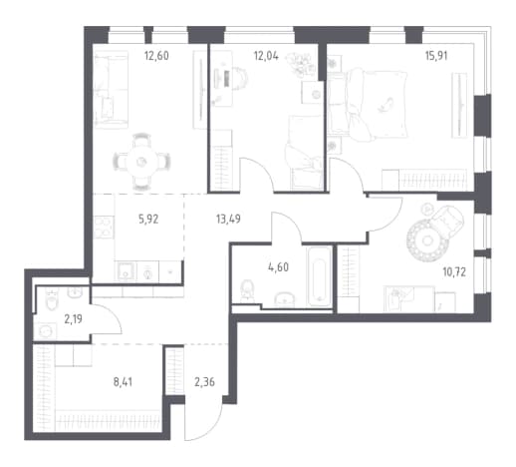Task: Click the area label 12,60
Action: pos(156,56)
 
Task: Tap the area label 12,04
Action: pos(266,56)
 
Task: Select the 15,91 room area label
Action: pos(436,56)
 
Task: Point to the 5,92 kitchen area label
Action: pos(148,220)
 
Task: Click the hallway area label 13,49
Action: pos(228,220)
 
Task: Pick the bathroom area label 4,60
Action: pos(278,267)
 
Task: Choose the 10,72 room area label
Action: pos(454,272)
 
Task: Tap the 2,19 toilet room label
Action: pos(73,319)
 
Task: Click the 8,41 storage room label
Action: pos(123,382)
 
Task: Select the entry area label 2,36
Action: pos(204,382)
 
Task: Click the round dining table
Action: pos(141,162)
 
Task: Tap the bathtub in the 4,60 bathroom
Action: pos(319,276)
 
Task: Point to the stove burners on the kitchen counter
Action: pos(104,228)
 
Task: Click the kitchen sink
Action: pos(126,271)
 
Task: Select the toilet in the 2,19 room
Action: pos(52,300)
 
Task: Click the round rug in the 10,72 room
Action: pos(426,239)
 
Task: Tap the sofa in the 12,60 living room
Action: pos(111,90)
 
